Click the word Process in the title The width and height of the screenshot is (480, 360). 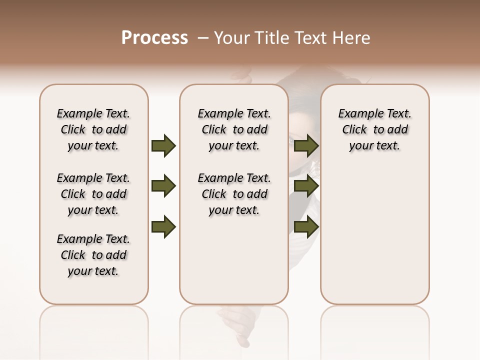(154, 38)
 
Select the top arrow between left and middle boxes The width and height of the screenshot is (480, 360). (163, 145)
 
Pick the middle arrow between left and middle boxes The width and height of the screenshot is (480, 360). (163, 186)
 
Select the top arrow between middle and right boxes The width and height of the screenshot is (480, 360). (306, 145)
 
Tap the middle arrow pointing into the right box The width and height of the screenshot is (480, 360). (306, 186)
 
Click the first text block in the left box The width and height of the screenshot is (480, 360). (93, 129)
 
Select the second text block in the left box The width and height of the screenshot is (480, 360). (93, 194)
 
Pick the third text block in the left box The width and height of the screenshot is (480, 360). (93, 255)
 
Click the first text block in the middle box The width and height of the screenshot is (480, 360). (234, 129)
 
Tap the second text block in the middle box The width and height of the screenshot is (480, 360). (234, 194)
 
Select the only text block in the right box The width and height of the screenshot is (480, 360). (374, 129)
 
